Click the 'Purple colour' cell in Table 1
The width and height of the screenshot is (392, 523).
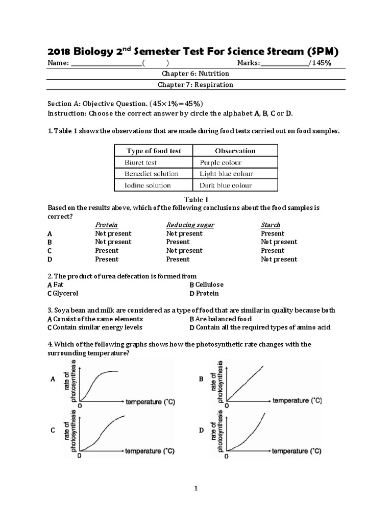[x=220, y=162]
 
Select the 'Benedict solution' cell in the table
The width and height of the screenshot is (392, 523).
[x=152, y=174]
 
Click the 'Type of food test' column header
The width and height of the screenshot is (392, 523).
[x=153, y=151]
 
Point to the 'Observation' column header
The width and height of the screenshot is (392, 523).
[x=235, y=151]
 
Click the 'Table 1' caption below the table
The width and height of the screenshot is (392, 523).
[x=195, y=199]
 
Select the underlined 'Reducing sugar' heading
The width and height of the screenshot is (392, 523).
[x=190, y=225]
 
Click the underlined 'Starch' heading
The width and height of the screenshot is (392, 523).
[x=270, y=225]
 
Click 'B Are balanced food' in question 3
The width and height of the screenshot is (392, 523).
[x=220, y=319]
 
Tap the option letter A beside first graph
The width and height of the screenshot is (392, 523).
[x=53, y=379]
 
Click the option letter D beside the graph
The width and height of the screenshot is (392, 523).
[x=201, y=431]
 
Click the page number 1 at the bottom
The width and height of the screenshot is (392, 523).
[x=195, y=489]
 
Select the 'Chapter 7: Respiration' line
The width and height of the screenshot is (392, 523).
[x=195, y=85]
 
